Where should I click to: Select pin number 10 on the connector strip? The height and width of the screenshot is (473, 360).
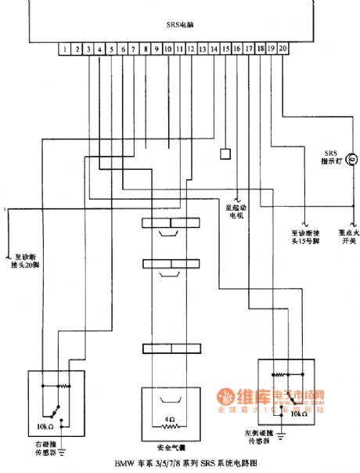[168, 49]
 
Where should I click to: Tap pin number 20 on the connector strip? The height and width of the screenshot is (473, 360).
[283, 49]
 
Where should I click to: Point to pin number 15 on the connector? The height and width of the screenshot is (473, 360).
[225, 49]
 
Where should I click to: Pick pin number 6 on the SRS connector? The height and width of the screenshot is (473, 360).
[123, 49]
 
